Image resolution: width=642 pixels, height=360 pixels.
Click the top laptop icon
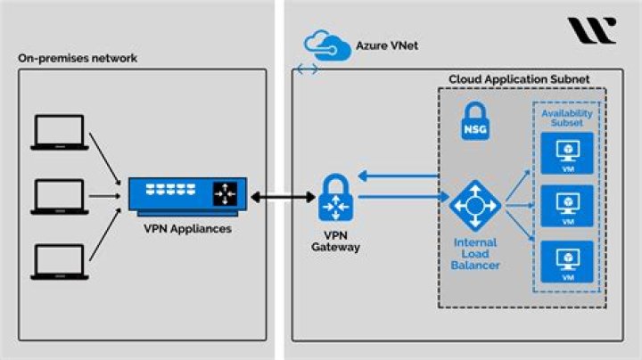[x=60, y=131]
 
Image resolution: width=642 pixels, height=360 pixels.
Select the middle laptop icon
[x=60, y=195]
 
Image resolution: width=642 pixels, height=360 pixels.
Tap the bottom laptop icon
[x=60, y=260]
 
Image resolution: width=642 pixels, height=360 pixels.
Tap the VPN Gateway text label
[x=336, y=241]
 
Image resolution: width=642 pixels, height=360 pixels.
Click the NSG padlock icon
[x=474, y=123]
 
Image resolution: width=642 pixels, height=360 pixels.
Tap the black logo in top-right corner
[x=591, y=30]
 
